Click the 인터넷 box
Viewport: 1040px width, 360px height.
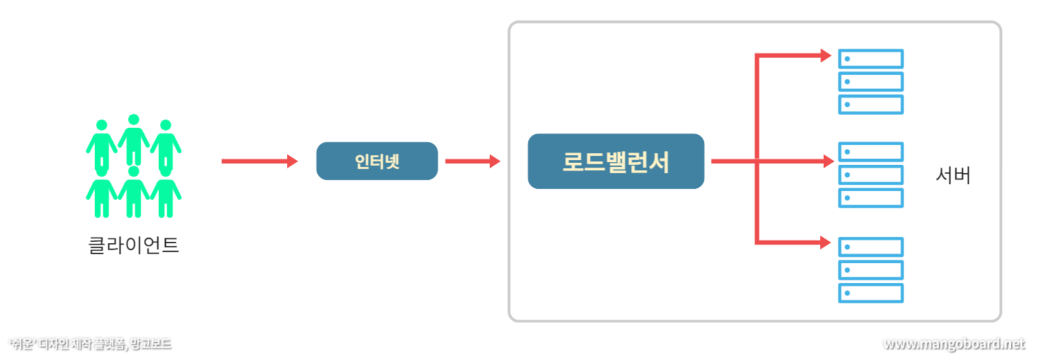click(x=376, y=161)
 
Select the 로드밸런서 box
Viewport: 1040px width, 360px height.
click(x=615, y=161)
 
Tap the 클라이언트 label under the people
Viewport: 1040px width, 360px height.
click(x=134, y=245)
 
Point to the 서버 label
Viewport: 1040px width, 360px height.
click(x=953, y=176)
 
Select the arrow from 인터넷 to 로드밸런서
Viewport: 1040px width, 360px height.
click(x=473, y=161)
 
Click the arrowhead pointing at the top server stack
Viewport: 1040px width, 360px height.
click(x=826, y=56)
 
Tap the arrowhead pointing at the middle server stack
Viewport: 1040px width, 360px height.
click(x=828, y=161)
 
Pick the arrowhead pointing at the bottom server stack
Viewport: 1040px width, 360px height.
click(x=826, y=242)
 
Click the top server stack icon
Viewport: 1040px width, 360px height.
click(x=870, y=82)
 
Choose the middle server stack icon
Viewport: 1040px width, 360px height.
click(x=870, y=175)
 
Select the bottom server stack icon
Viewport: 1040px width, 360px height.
click(x=870, y=269)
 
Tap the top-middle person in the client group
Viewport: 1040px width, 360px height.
click(x=134, y=137)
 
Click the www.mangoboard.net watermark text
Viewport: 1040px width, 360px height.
click(x=953, y=344)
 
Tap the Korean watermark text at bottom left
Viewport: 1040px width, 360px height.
click(x=90, y=344)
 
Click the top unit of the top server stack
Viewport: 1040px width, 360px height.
click(x=870, y=59)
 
